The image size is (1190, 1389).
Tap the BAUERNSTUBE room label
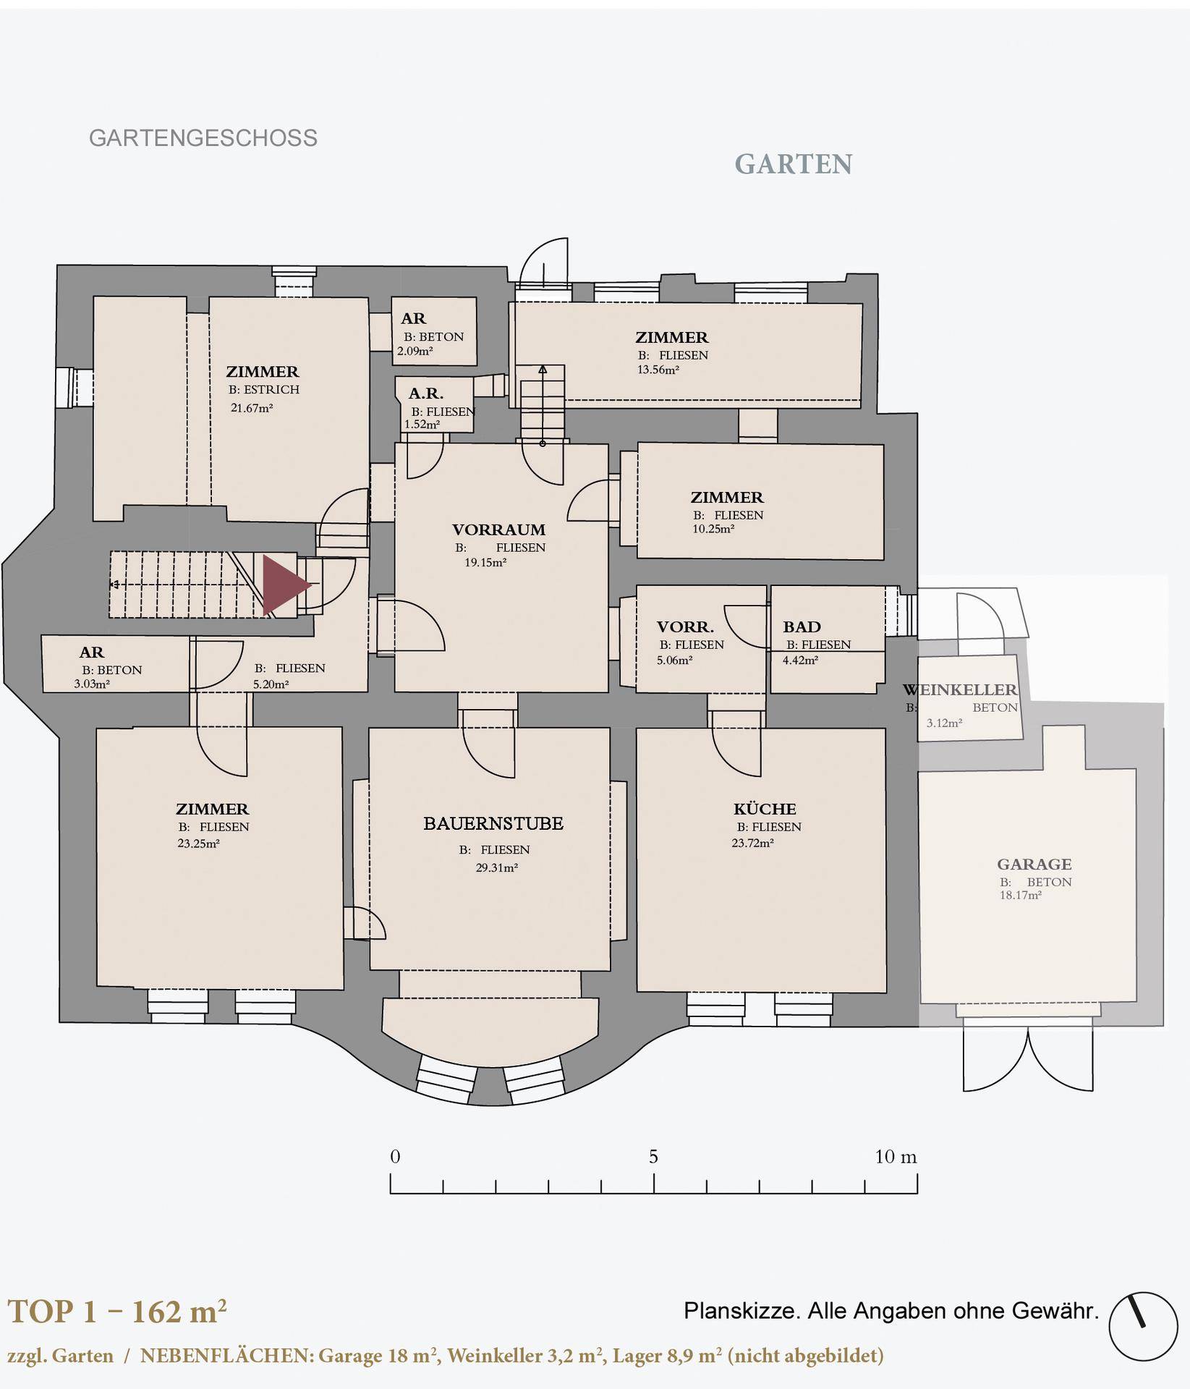(x=493, y=823)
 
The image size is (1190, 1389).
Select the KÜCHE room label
(x=765, y=809)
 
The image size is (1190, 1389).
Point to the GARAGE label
(x=1034, y=864)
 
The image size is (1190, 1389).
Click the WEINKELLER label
(x=960, y=689)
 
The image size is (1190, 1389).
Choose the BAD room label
(x=802, y=626)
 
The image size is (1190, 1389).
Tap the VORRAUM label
(x=498, y=530)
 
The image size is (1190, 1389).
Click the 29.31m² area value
(x=496, y=868)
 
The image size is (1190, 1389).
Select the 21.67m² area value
(x=252, y=408)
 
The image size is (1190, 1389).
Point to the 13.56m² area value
(x=658, y=370)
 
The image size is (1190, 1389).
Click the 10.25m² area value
(x=713, y=529)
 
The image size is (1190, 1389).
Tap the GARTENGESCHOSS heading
(x=203, y=138)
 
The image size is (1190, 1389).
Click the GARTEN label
(x=794, y=165)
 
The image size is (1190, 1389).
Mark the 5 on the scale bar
(x=653, y=1157)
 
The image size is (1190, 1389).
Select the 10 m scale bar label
(x=896, y=1157)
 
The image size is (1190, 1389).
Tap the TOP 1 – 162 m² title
(x=117, y=1312)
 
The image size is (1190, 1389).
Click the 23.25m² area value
(x=198, y=843)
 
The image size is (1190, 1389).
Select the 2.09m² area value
(x=415, y=352)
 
